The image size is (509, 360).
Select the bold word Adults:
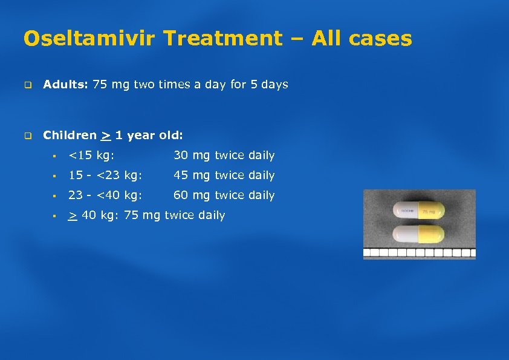[x=66, y=85]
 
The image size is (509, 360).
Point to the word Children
[x=70, y=136]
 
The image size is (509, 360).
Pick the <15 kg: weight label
[x=91, y=155]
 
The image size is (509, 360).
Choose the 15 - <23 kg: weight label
[x=105, y=175]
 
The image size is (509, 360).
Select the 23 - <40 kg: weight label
[x=105, y=195]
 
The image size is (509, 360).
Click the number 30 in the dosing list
[x=180, y=155]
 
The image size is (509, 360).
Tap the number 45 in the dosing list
[x=180, y=175]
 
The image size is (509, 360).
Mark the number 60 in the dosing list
[x=180, y=195]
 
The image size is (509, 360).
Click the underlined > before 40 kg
[x=73, y=216]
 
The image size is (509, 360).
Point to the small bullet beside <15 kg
[x=54, y=156]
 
